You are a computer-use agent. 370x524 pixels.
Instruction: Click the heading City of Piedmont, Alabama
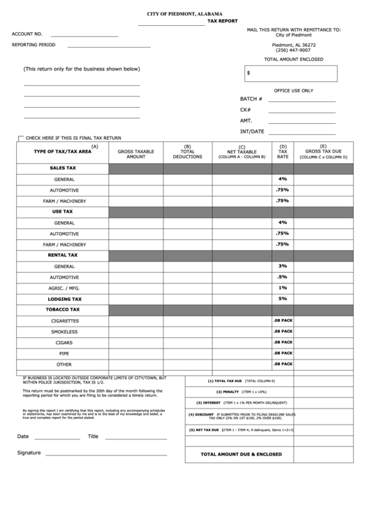pyautogui.click(x=185, y=14)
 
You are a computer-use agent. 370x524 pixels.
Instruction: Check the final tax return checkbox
pyautogui.click(x=20, y=138)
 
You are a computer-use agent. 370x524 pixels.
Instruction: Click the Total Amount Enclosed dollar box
pyautogui.click(x=290, y=73)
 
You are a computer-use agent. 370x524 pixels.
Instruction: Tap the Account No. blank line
pyautogui.click(x=84, y=36)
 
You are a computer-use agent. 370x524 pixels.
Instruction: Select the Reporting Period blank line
pyautogui.click(x=108, y=47)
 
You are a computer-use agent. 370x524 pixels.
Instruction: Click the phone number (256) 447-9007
pyautogui.click(x=293, y=50)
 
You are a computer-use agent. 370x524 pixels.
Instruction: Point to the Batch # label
pyautogui.click(x=251, y=99)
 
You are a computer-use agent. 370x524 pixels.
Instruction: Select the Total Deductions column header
pyautogui.click(x=187, y=152)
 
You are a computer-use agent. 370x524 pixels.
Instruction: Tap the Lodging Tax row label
pyautogui.click(x=64, y=299)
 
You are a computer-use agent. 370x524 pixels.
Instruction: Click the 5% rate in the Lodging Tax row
pyautogui.click(x=282, y=298)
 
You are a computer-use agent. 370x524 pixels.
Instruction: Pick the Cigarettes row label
pyautogui.click(x=64, y=320)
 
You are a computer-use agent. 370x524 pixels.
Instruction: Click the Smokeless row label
pyautogui.click(x=64, y=332)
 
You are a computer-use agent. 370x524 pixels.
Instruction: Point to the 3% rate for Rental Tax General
pyautogui.click(x=282, y=265)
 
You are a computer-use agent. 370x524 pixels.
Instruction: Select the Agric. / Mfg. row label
pyautogui.click(x=64, y=288)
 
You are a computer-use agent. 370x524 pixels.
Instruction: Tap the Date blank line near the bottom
pyautogui.click(x=57, y=439)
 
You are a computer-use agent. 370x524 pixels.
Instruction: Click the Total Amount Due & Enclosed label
pyautogui.click(x=241, y=454)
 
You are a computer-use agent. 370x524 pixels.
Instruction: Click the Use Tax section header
pyautogui.click(x=62, y=211)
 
